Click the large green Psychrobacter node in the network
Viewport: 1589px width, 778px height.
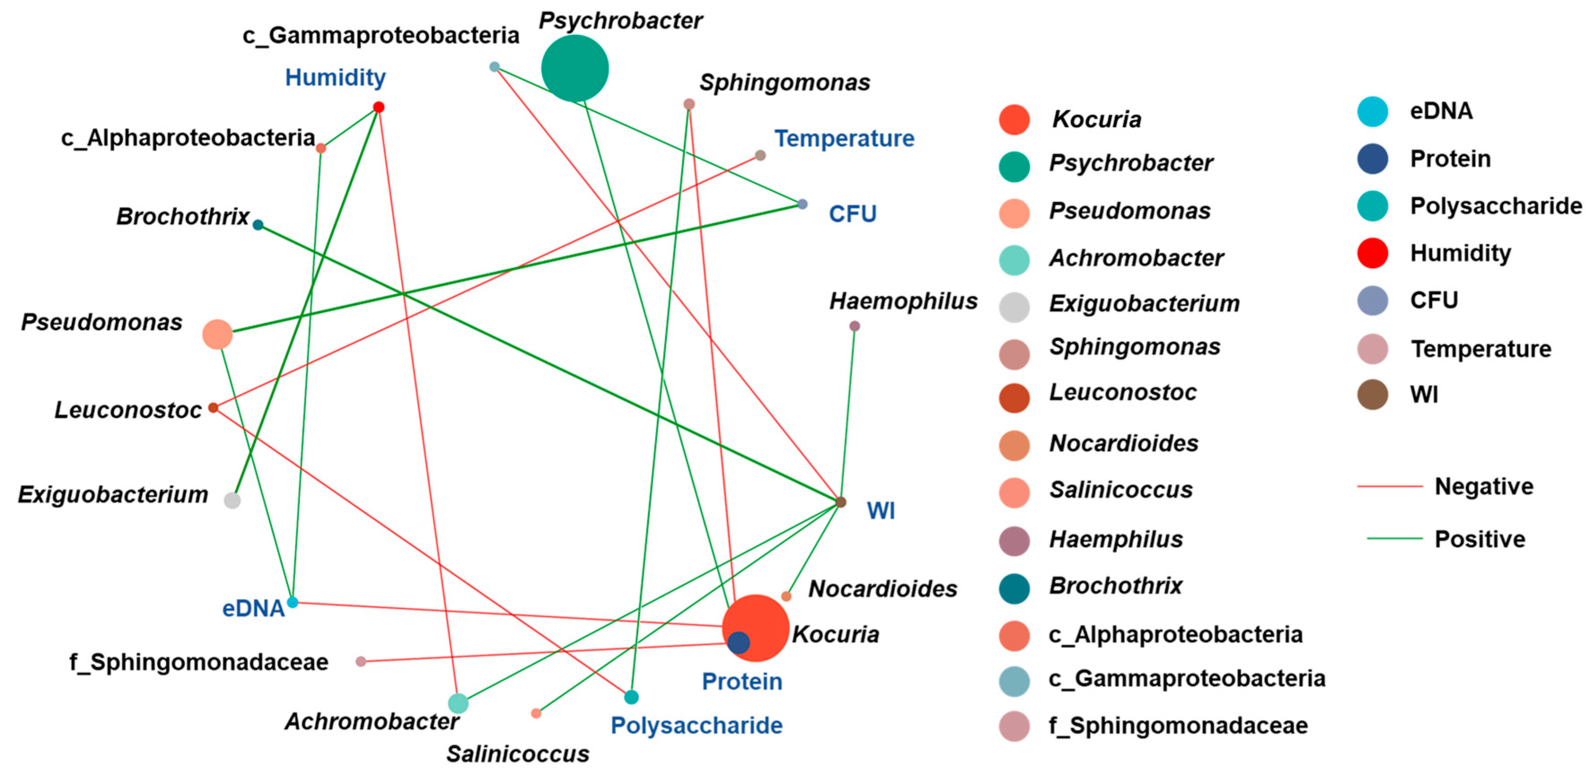coord(574,68)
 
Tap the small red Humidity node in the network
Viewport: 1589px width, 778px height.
coord(379,107)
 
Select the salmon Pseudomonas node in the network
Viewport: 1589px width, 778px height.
coord(217,334)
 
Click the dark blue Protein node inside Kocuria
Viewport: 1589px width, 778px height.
coord(738,643)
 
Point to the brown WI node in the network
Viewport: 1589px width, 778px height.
coord(840,502)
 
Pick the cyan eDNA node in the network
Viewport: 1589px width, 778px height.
coord(293,602)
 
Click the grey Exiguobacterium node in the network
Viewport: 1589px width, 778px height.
coord(232,500)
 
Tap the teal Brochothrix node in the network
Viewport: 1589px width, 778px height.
coord(258,225)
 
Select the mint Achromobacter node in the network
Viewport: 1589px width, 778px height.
coord(458,703)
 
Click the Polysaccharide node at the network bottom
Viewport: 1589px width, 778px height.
coord(631,697)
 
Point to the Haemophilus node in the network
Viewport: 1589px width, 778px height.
coord(854,326)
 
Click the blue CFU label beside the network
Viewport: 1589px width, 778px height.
coord(853,214)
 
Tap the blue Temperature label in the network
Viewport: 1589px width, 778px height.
coord(844,139)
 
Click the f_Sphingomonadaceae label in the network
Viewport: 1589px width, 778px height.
coord(199,662)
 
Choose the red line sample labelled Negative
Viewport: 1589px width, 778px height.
coord(1389,487)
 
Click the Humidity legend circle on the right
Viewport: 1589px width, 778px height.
coord(1373,253)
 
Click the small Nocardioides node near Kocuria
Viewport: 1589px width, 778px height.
coord(786,596)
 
